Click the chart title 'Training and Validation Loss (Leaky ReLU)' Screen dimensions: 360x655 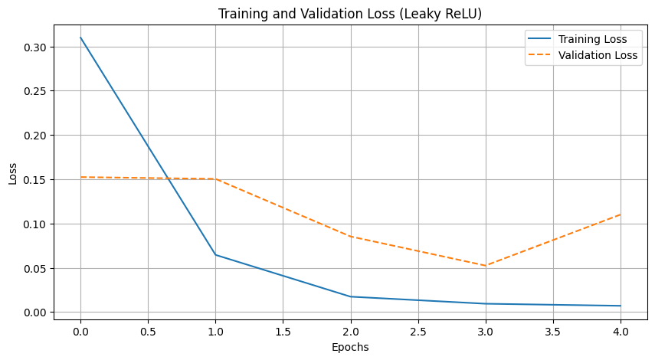(350, 14)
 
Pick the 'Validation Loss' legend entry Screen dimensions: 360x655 (598, 55)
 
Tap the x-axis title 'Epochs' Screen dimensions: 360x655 (350, 347)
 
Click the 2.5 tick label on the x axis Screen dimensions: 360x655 (418, 331)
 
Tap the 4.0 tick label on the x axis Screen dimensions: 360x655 (621, 331)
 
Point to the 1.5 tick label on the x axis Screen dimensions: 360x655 (283, 331)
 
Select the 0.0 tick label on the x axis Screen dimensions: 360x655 (80, 331)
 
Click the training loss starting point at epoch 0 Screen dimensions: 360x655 (80, 38)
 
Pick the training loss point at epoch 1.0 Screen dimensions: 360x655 (215, 255)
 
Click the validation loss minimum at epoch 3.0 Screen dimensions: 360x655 (486, 266)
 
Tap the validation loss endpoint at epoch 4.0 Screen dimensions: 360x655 (621, 214)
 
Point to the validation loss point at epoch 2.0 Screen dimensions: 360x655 (350, 237)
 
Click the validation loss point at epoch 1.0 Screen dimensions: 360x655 (215, 179)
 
